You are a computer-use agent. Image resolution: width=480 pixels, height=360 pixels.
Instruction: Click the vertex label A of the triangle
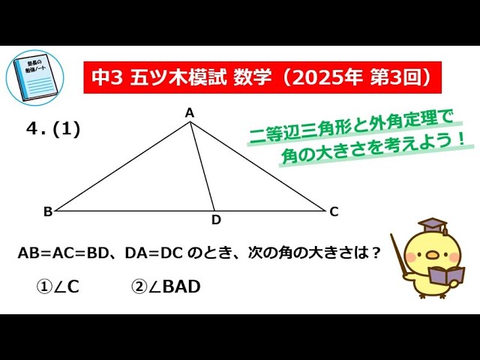190,112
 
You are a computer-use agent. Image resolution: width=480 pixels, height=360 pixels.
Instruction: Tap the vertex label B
48,211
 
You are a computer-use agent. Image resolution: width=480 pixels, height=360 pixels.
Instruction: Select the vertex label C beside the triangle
334,211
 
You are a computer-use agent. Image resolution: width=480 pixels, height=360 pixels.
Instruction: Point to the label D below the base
216,220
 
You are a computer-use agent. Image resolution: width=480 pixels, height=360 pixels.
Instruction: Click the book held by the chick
445,275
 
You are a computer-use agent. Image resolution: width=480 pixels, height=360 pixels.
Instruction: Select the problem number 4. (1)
52,128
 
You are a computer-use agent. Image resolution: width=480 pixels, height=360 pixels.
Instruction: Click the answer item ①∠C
58,286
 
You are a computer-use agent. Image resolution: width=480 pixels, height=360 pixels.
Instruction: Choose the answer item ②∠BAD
166,286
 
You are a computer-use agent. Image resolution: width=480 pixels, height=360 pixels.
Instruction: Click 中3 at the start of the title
106,76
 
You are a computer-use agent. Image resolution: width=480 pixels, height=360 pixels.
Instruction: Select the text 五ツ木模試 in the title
178,76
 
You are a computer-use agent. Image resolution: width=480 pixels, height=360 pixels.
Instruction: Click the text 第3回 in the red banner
394,76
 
